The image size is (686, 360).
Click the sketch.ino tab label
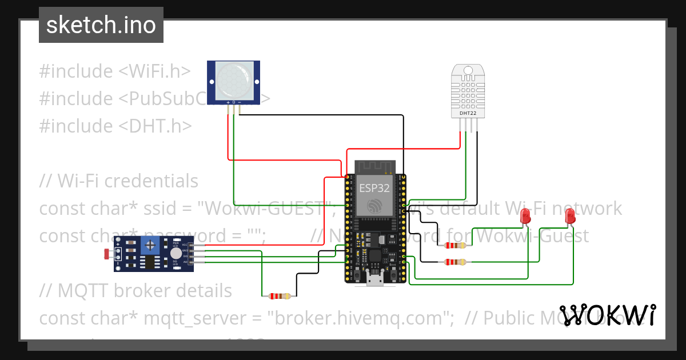101,26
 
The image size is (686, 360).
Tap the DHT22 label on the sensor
468,113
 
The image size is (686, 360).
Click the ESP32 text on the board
374,187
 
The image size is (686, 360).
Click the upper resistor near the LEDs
454,245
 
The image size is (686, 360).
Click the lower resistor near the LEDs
454,262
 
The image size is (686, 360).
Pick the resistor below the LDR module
280,296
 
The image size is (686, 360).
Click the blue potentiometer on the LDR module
150,246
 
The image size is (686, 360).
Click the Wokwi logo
608,315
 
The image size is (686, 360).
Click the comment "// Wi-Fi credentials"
119,181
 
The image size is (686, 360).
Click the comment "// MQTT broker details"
136,291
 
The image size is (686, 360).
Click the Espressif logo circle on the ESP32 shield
374,205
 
